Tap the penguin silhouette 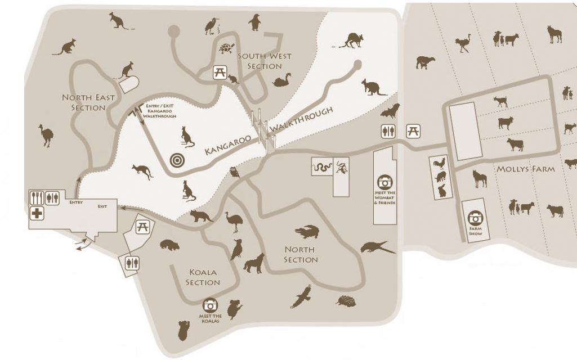(254, 23)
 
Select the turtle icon (227, 48)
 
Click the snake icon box (321, 167)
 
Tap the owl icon (235, 172)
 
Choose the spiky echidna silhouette (346, 301)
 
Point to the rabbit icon (442, 191)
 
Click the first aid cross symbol (37, 213)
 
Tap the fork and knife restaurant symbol (37, 198)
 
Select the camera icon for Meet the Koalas (211, 305)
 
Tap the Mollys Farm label (525, 169)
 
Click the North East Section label (88, 102)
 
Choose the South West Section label (260, 61)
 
